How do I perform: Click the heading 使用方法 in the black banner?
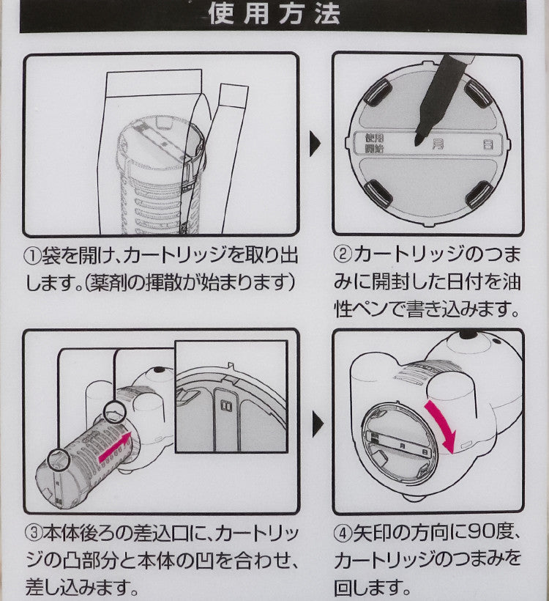tap(274, 14)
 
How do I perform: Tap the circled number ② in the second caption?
tap(343, 255)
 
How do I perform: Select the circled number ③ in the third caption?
tap(33, 533)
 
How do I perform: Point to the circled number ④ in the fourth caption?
tap(343, 533)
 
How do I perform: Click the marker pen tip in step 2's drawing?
tap(418, 142)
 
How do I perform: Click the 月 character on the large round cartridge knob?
tap(438, 144)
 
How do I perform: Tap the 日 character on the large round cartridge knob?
tap(488, 144)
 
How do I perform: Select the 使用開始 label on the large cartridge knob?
tap(375, 143)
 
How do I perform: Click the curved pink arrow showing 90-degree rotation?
tap(444, 424)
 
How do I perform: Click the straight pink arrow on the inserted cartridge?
tap(115, 446)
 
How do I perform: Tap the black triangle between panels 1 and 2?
tap(314, 144)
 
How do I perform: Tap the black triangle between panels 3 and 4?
tap(318, 424)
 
